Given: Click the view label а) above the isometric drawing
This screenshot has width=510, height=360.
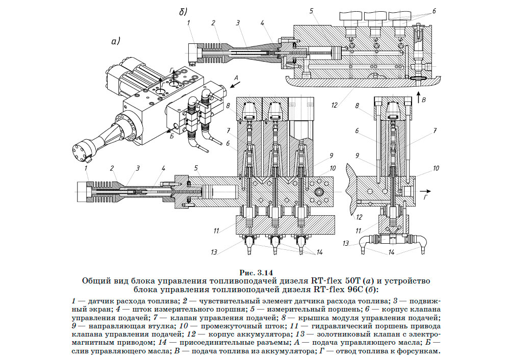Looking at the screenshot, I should pos(115,42).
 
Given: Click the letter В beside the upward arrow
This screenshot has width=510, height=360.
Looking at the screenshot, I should pos(423,100).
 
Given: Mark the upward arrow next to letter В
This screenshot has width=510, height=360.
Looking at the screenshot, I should pos(417,96).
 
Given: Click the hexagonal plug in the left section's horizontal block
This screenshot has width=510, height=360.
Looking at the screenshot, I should pos(320,191).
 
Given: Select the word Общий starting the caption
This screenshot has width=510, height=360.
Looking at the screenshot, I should pos(95,281).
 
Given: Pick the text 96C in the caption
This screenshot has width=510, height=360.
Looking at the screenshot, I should pos(354,291).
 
